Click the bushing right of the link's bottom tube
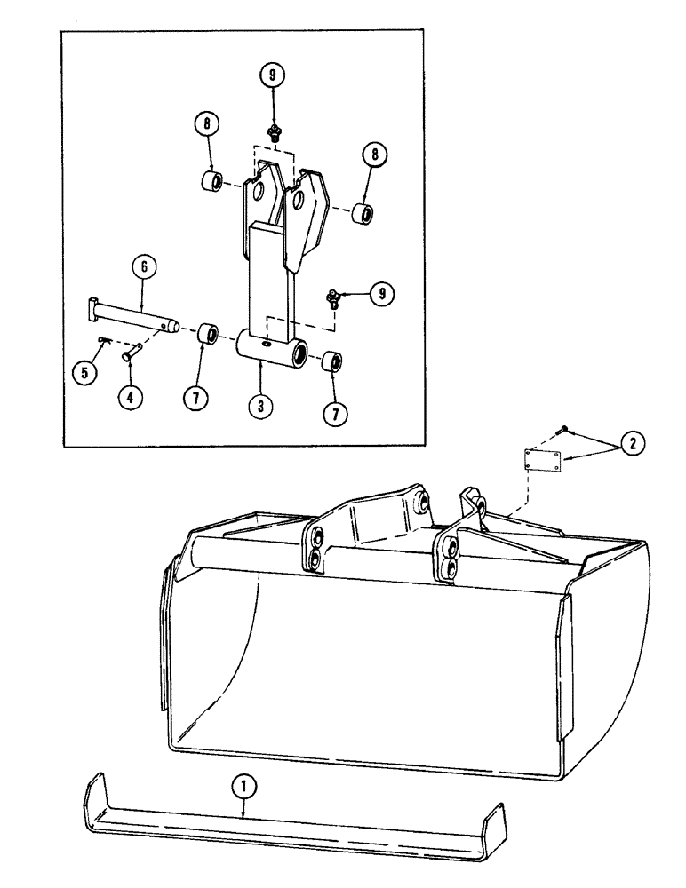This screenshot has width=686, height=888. pyautogui.click(x=332, y=362)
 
